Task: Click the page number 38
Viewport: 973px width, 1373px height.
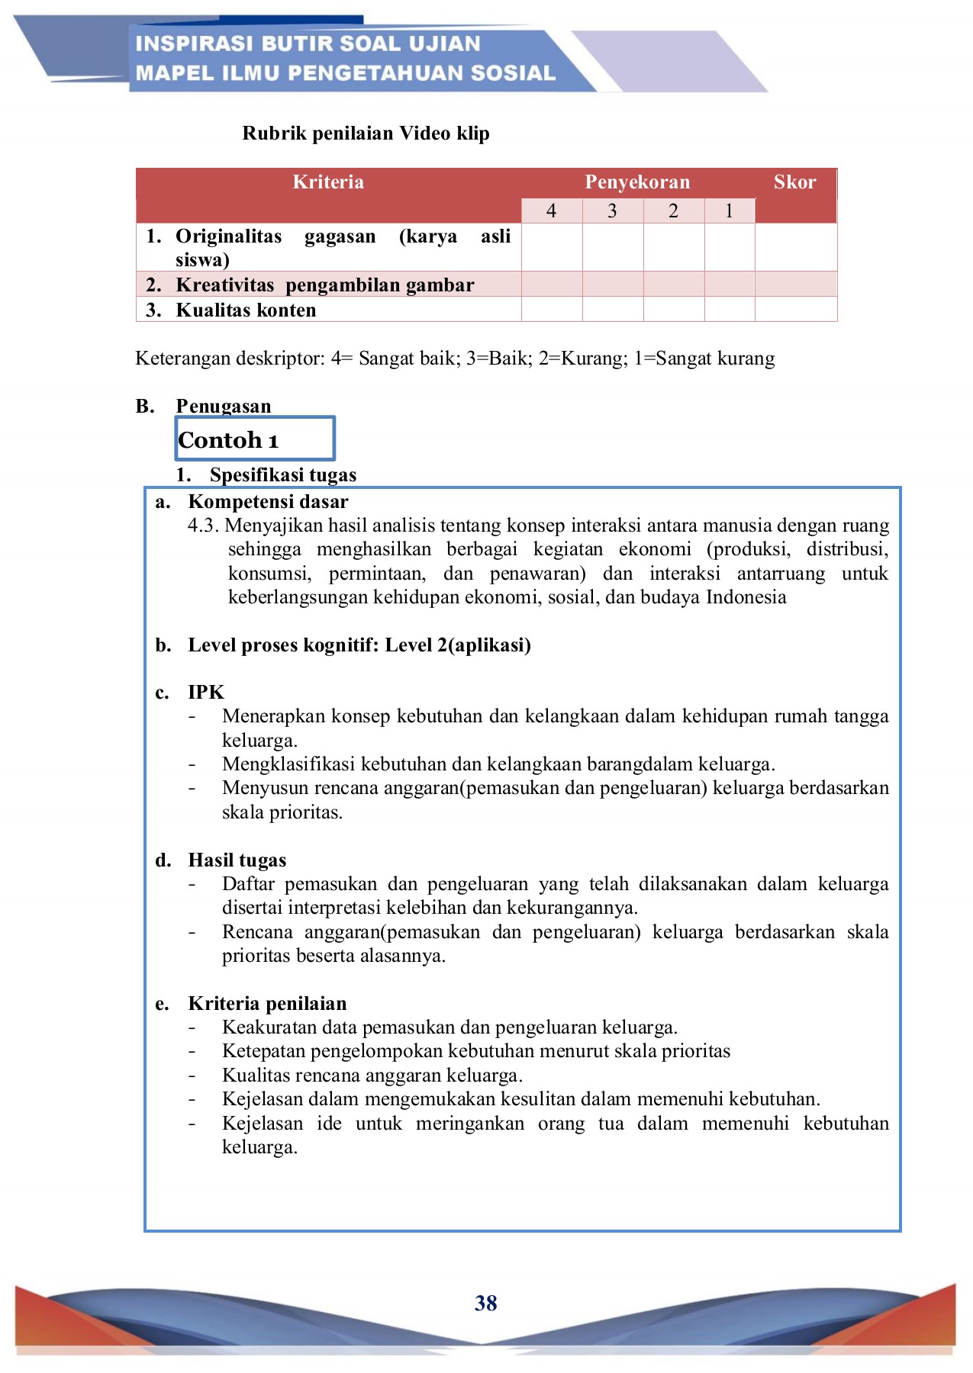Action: coord(485,1303)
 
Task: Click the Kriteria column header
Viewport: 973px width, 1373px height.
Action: coord(328,182)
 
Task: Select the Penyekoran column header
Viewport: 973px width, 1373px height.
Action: coord(637,182)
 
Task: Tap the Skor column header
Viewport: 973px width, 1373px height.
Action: coord(794,182)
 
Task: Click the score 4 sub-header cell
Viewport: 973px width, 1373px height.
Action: coord(551,211)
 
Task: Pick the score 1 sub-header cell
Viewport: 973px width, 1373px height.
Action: coord(729,211)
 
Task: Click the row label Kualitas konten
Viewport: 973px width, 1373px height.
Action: coord(246,310)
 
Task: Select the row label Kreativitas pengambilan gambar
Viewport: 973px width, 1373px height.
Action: coord(325,285)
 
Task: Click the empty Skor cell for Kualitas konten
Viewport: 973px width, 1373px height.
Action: coord(795,310)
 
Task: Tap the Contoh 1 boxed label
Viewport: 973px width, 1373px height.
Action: coord(228,440)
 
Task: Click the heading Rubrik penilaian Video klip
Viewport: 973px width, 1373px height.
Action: coord(366,133)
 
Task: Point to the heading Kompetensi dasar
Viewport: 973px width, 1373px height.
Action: coord(268,502)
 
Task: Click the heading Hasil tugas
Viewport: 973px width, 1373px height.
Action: coord(237,860)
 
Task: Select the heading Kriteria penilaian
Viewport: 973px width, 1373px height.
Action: coord(267,1004)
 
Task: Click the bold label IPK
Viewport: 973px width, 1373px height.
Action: coord(206,693)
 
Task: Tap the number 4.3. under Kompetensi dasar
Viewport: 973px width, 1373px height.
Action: coord(204,526)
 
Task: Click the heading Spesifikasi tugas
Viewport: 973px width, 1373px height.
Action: coord(283,475)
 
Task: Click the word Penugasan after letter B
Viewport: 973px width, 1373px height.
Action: coord(224,406)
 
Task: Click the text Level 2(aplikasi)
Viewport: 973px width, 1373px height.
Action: coord(457,645)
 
